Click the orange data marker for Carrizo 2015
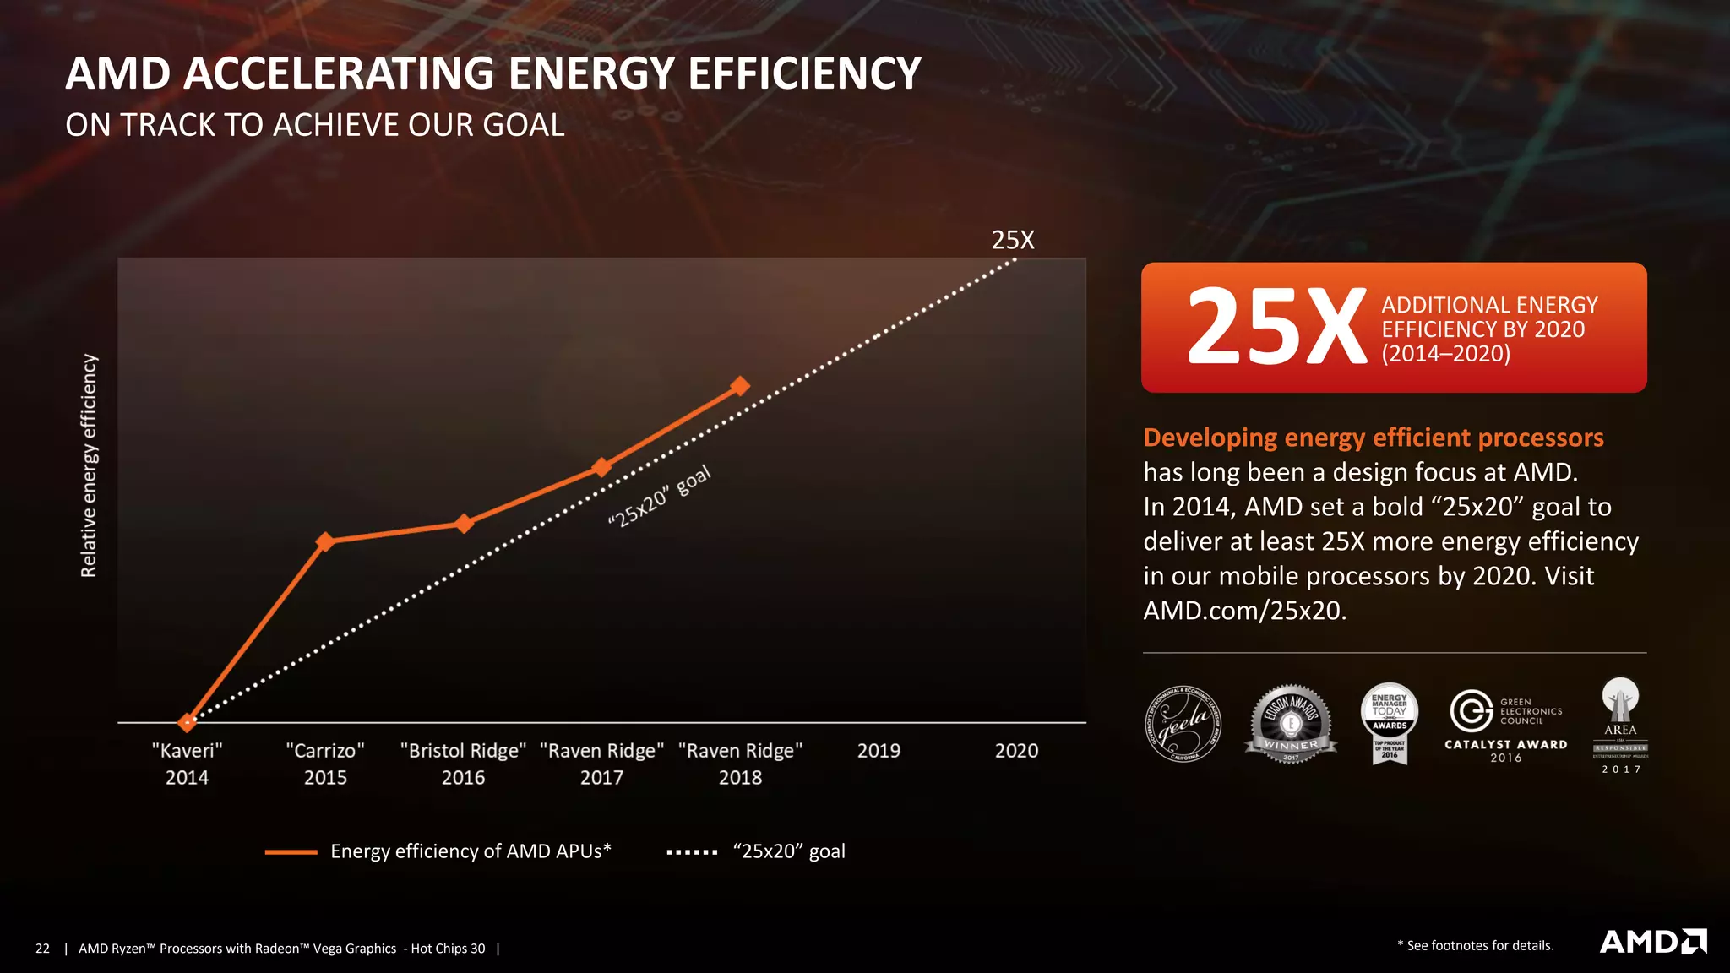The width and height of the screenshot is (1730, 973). point(325,541)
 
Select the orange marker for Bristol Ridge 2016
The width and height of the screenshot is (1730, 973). point(464,524)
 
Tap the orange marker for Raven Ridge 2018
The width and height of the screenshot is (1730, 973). point(740,386)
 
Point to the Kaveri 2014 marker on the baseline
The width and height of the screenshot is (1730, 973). point(187,722)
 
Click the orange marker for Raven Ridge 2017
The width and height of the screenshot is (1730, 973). point(601,467)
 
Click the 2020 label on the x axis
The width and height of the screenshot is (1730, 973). point(1016,751)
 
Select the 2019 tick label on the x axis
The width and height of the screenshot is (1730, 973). point(879,751)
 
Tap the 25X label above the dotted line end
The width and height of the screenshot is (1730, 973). point(1013,240)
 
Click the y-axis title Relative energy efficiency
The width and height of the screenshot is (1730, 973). point(89,465)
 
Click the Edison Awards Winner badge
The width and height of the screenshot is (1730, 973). point(1291,724)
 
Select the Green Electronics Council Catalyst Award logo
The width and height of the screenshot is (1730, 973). point(1506,725)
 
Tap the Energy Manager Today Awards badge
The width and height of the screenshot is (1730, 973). point(1390,723)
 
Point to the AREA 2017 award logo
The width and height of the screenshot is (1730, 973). point(1620,725)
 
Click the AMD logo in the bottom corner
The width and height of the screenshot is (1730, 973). point(1652,942)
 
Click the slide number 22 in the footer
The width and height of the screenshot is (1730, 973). point(43,949)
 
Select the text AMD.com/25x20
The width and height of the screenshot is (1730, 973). point(1244,611)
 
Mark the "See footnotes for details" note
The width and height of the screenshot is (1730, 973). point(1476,945)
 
